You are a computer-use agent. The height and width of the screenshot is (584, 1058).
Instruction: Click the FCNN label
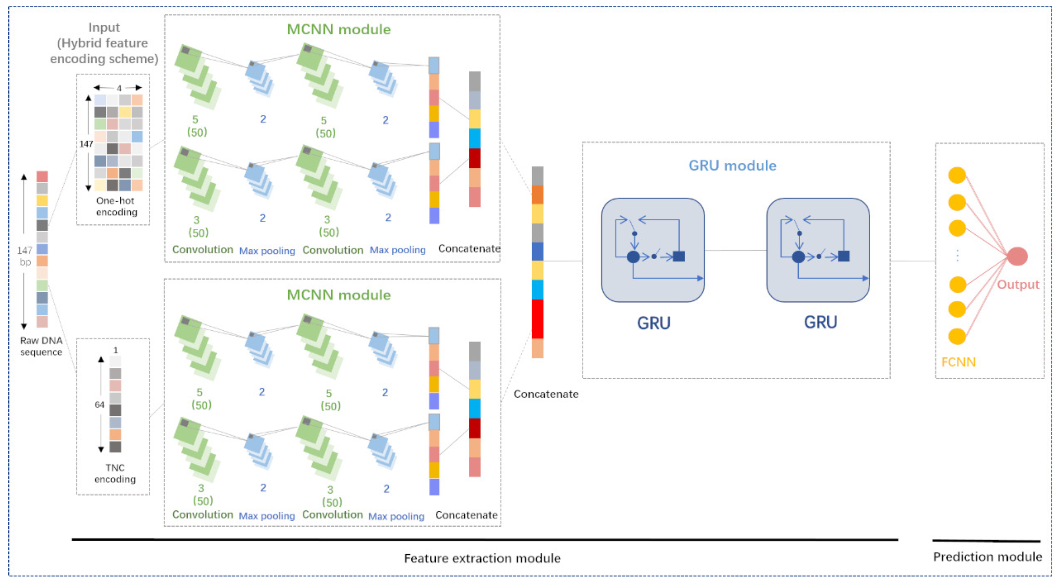click(958, 362)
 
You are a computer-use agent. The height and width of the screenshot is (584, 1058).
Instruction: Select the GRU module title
click(732, 165)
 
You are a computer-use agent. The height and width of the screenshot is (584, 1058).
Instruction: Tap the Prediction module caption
click(987, 557)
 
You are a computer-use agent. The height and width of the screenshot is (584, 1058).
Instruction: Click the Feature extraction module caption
click(482, 558)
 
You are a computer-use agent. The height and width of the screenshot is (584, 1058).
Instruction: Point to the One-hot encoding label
click(116, 206)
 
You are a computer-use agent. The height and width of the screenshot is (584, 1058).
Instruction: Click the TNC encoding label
click(115, 473)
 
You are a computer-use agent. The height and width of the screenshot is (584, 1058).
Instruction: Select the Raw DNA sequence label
click(41, 346)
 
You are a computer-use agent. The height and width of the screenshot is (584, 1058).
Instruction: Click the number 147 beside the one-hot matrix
click(86, 144)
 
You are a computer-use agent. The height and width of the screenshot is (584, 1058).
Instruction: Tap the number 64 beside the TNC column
click(99, 405)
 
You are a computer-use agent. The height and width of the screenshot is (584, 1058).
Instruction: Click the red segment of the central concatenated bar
click(537, 319)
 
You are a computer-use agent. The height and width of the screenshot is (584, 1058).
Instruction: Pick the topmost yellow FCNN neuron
click(957, 175)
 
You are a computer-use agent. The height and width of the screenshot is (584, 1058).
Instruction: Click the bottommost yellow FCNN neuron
click(957, 336)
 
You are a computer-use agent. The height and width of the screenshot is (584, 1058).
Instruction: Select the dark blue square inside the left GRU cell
click(679, 256)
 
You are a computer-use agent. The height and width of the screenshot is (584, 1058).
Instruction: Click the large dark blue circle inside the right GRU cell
click(798, 257)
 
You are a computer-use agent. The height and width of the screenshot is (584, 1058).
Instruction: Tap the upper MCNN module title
click(338, 30)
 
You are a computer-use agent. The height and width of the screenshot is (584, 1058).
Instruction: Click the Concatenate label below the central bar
click(546, 394)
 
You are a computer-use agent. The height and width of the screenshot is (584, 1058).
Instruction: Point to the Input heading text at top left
click(104, 28)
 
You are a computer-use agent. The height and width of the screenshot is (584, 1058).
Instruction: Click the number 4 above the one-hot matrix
click(119, 88)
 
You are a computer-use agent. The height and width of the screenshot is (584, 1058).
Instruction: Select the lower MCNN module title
click(338, 295)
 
